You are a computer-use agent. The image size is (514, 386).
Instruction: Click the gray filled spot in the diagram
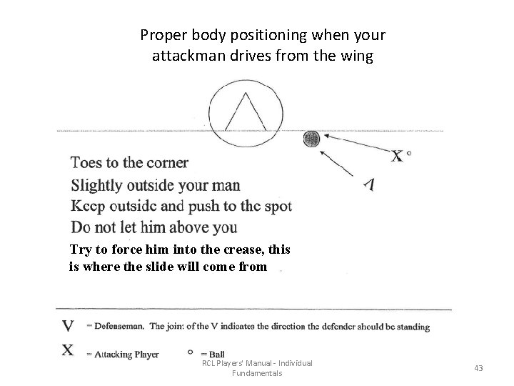tap(312, 139)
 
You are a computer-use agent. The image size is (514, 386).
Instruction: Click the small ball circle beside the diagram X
tap(409, 152)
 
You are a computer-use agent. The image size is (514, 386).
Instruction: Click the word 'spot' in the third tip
tap(276, 207)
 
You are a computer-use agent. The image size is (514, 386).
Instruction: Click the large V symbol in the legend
tap(68, 327)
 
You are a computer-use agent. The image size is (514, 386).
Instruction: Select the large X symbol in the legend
tap(68, 350)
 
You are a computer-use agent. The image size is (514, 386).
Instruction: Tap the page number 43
tap(478, 368)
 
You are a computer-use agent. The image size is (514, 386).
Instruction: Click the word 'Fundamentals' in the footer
tap(257, 373)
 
